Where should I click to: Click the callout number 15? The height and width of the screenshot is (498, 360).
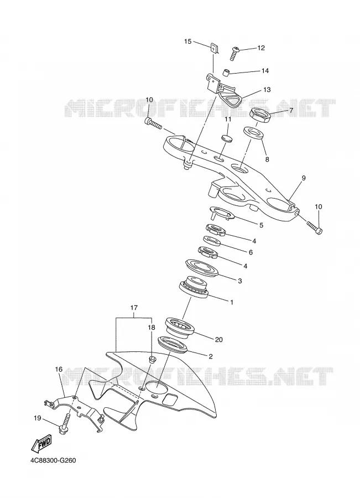coord(187,41)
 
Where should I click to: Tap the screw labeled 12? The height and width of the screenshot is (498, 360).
coord(234,53)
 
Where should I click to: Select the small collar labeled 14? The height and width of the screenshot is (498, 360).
coord(225,72)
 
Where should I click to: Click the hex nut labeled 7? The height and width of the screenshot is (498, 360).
coord(260,115)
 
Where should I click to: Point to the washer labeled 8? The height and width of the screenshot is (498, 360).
coord(254,133)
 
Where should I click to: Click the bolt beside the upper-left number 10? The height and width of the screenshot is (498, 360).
coord(153,123)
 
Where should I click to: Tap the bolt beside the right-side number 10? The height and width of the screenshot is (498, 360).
coord(314,227)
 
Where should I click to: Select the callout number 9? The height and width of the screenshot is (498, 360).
coord(304,178)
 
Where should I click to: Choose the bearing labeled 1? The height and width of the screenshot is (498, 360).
coord(194,287)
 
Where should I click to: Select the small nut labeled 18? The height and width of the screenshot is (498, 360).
coord(152,359)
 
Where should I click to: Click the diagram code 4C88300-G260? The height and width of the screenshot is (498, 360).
coord(53,460)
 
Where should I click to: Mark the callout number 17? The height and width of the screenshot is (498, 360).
coord(134,308)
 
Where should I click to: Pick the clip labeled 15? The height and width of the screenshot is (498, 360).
coord(214,49)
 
